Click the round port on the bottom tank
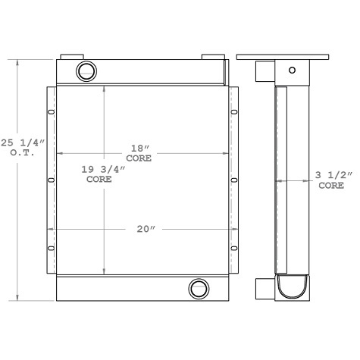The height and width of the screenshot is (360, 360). coord(199,288)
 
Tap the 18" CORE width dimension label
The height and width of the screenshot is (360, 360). coord(140,154)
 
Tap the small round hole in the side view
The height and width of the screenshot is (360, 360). coord(290,70)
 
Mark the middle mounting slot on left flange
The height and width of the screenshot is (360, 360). coord(52,180)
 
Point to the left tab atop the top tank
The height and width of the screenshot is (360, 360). coord(72,57)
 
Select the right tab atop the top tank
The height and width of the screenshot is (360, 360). coord(212,57)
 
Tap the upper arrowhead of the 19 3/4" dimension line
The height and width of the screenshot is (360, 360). coord(105,86)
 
